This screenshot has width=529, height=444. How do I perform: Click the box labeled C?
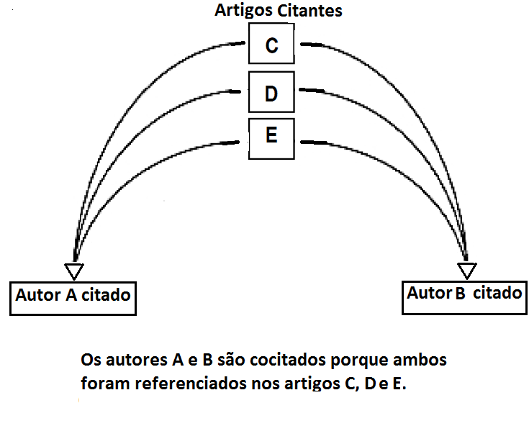[x=271, y=45]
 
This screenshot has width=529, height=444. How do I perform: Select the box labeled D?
[x=271, y=93]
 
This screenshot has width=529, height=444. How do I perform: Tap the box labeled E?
[x=271, y=137]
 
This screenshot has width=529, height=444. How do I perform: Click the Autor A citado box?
[x=73, y=296]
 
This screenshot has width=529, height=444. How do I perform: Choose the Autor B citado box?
[x=465, y=294]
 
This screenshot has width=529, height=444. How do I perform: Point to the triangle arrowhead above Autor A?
[x=74, y=271]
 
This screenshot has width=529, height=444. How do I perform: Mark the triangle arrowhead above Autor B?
[x=468, y=271]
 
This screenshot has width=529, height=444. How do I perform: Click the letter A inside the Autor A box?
[x=72, y=296]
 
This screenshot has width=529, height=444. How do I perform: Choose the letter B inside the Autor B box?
[x=460, y=294]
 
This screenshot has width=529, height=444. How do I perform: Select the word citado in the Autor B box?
[x=497, y=294]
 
